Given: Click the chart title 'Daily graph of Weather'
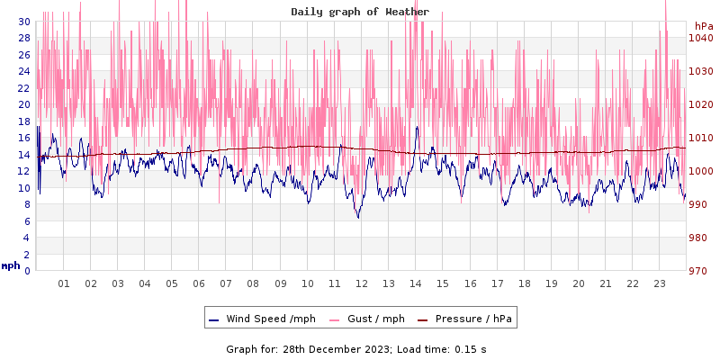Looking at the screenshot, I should pos(360,12).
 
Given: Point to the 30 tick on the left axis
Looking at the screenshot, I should pos(23,22).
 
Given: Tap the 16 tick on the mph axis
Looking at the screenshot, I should pos(23,138).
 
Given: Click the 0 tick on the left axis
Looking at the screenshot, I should pos(27,271).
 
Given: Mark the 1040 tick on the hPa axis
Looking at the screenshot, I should pos(700,38).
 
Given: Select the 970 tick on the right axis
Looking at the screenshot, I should pos(700,271).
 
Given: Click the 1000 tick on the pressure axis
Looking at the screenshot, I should pos(700,171).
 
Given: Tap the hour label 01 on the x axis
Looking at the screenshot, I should pos(64,283).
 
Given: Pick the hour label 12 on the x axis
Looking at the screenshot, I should pos(362,283).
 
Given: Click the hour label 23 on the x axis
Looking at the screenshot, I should pos(660,283).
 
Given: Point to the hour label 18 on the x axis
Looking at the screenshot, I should pos(525,283).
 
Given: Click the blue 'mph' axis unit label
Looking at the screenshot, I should pos(11,266).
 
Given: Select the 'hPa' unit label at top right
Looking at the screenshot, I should pos(704,26).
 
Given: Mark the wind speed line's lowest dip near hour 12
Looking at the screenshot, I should pos(358,217).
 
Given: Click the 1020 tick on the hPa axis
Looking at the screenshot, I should pos(700,104).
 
